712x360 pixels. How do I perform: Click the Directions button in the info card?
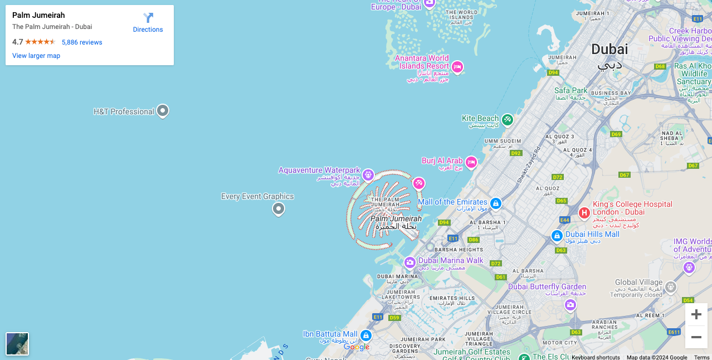[148, 22]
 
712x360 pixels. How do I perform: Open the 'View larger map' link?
[36, 56]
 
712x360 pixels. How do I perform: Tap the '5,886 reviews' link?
[82, 42]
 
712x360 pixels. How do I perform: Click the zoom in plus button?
[696, 314]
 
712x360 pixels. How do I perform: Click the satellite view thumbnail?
[17, 343]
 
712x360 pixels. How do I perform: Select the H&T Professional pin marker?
[163, 111]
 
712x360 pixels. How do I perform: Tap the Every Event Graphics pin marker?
[279, 209]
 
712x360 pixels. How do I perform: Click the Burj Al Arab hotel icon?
[471, 162]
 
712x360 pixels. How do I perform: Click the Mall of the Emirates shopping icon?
[496, 203]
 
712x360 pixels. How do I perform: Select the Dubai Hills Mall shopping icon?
[557, 236]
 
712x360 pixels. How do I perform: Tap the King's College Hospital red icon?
[584, 212]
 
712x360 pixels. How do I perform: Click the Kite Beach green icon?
[507, 119]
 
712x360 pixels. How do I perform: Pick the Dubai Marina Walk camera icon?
[410, 262]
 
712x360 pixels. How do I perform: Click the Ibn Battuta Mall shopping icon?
[366, 335]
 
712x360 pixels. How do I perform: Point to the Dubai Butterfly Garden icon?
[570, 305]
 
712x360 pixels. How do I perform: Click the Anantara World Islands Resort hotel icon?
[457, 67]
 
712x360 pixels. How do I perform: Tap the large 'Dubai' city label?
[609, 50]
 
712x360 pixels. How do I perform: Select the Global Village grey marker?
[671, 288]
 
